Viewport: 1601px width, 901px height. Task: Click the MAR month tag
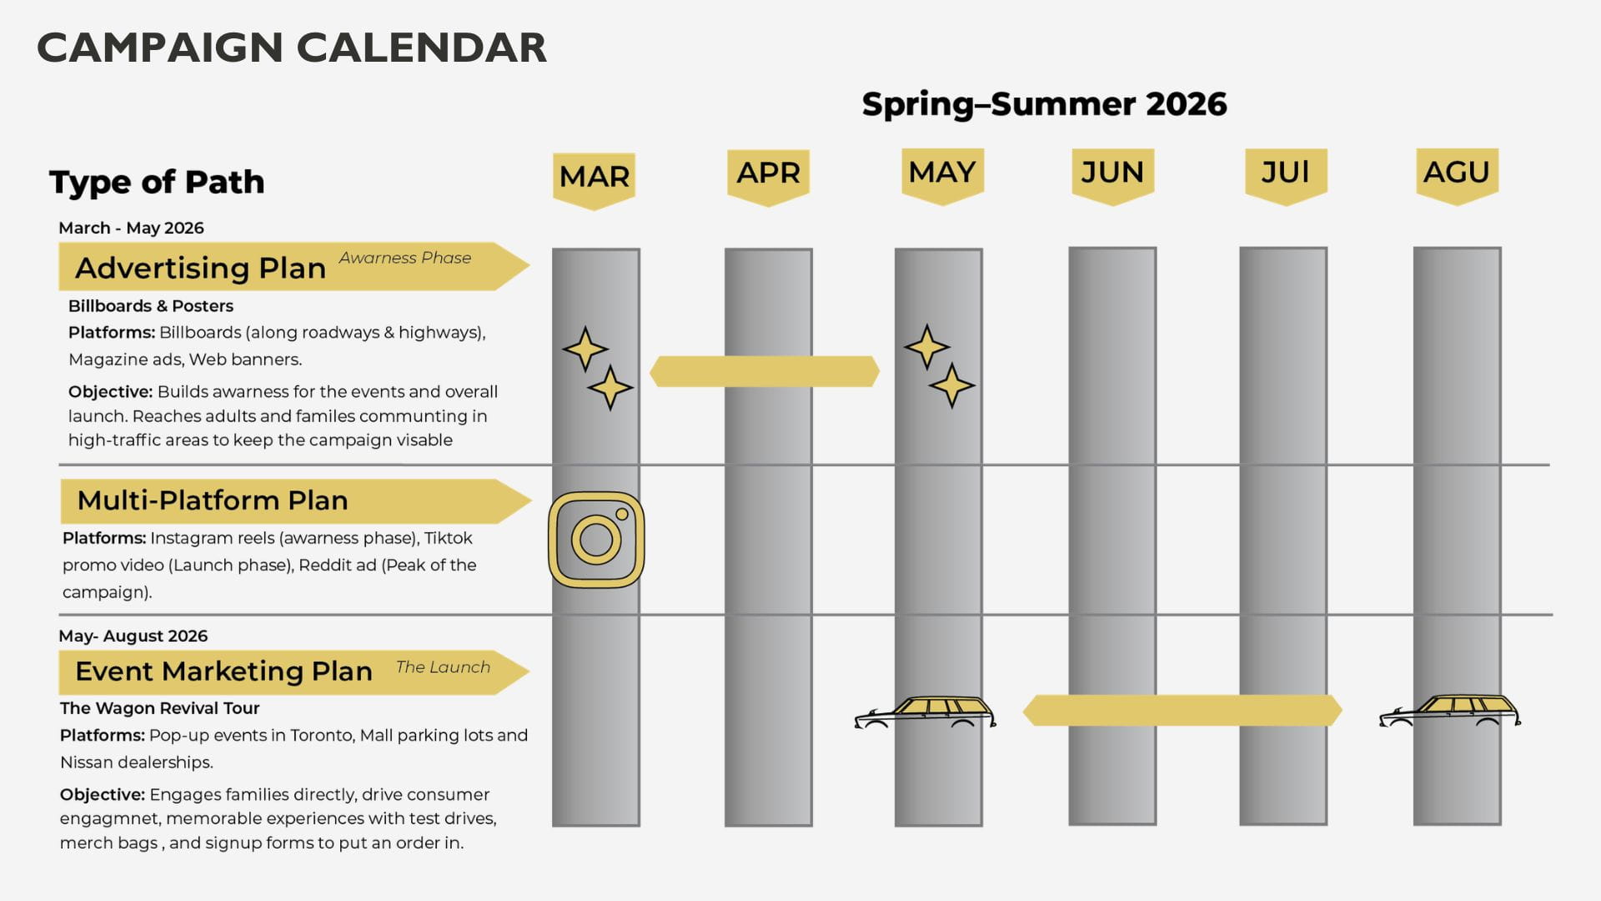point(594,177)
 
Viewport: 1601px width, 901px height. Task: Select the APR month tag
point(768,174)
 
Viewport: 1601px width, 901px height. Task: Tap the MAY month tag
point(942,173)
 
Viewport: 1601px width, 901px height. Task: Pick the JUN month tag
point(1112,173)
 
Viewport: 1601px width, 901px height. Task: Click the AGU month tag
point(1457,173)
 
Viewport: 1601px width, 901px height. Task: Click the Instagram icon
point(596,540)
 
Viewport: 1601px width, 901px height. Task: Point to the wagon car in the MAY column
point(925,712)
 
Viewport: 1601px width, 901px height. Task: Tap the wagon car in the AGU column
point(1450,711)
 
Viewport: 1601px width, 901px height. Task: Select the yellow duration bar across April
point(764,371)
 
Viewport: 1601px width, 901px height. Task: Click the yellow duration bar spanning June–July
point(1182,710)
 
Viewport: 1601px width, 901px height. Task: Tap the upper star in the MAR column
point(585,349)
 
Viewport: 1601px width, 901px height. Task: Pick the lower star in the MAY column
point(951,385)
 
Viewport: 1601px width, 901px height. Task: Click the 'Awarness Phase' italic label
point(404,258)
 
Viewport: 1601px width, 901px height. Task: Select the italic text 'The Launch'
point(443,667)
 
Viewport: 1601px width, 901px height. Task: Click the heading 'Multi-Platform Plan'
point(213,501)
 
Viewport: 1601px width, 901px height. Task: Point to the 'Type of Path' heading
point(157,182)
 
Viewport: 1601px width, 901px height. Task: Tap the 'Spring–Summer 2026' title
point(1044,104)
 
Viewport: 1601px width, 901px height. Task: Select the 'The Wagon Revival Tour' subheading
point(159,708)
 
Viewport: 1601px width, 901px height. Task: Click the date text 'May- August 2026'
point(133,636)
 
